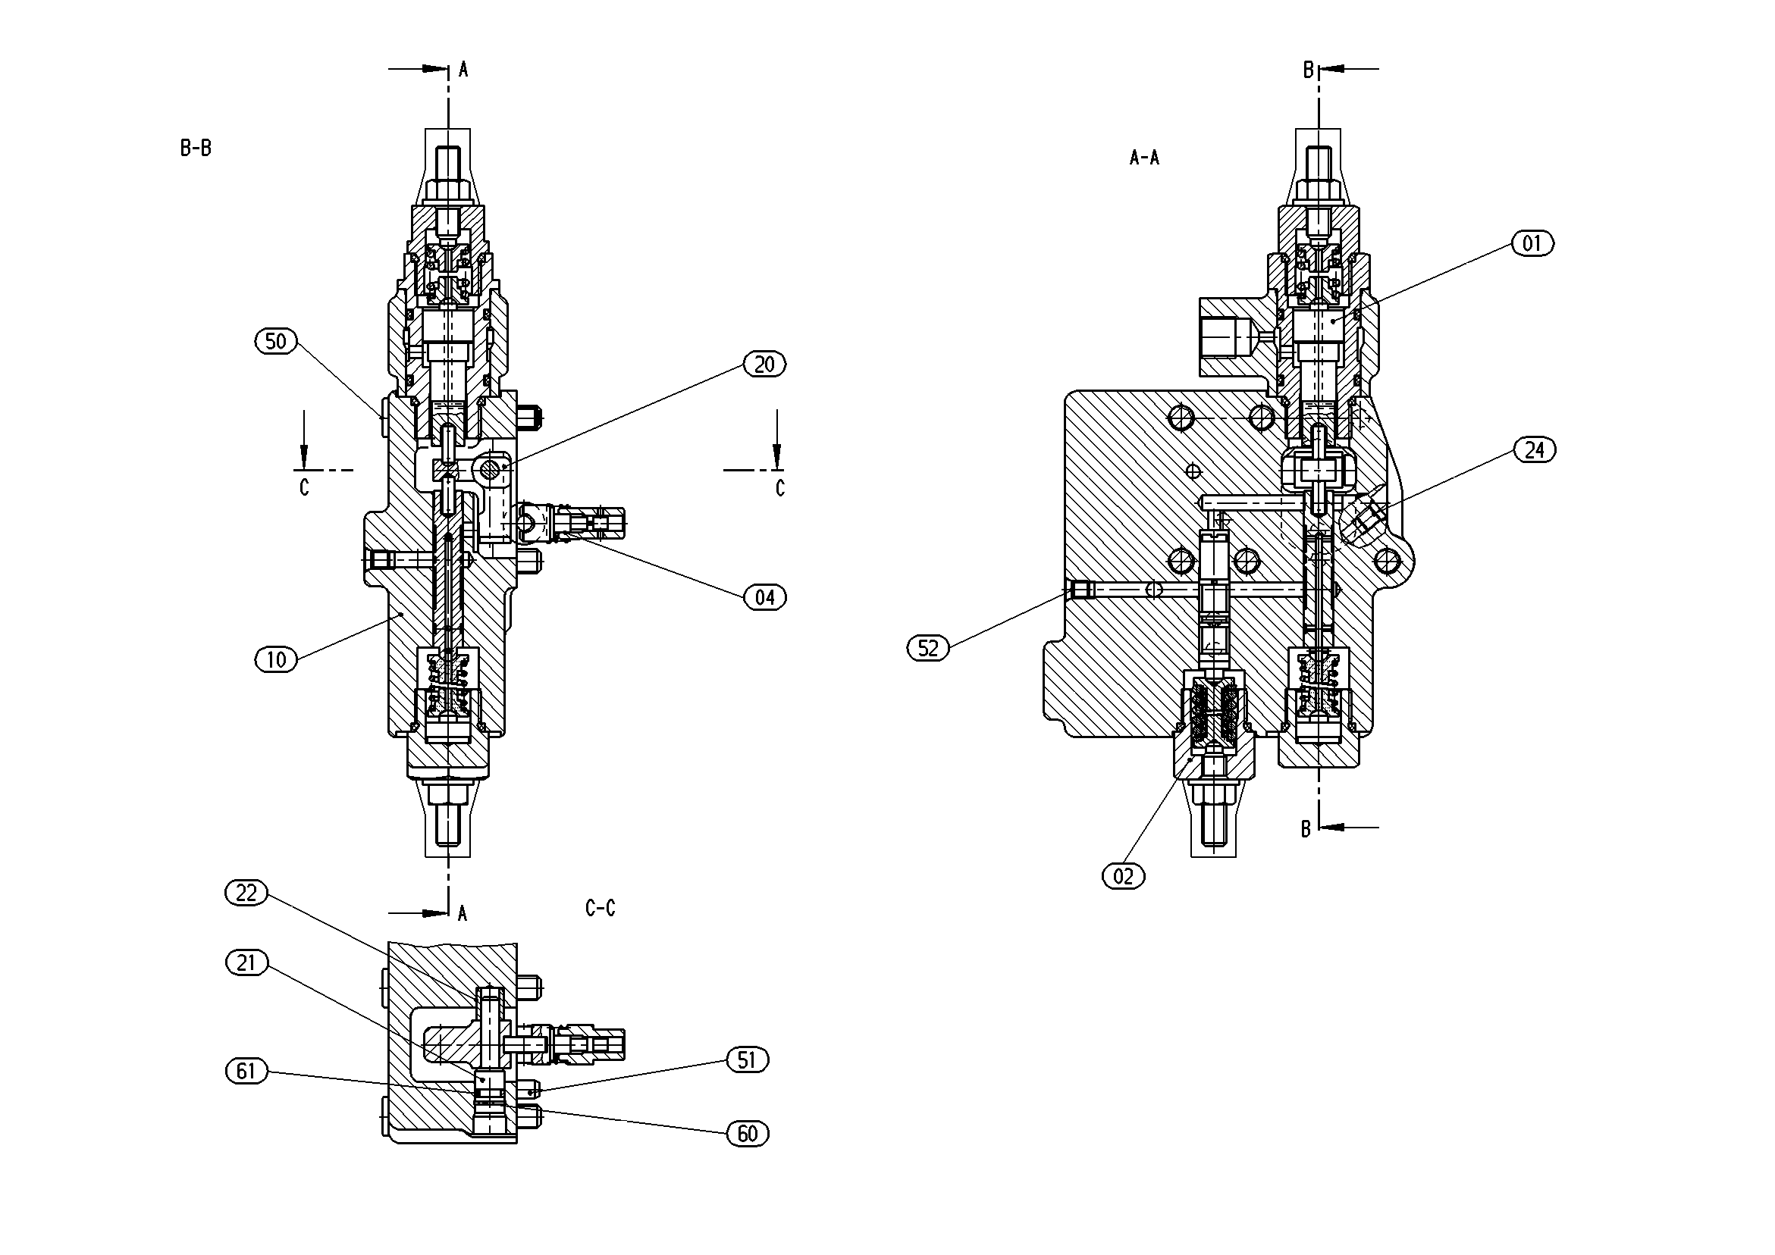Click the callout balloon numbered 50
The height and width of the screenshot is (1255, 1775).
pos(276,342)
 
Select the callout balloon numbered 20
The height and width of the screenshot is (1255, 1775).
pos(764,365)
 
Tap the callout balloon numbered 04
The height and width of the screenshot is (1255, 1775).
pos(764,597)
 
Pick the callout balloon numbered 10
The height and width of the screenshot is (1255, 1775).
pos(276,660)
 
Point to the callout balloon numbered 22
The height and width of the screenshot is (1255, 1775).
pos(246,894)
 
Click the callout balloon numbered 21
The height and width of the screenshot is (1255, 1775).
pos(246,963)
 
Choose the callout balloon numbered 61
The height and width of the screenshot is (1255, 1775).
pos(246,1071)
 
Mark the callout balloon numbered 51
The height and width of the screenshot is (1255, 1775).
pos(747,1060)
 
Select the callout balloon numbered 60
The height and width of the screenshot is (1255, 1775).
pos(747,1134)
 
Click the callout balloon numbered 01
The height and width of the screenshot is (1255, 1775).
pos(1532,244)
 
